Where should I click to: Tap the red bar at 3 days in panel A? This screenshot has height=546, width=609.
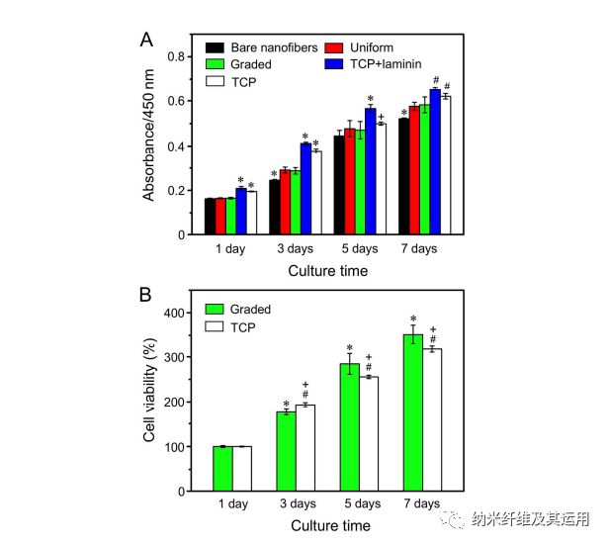tap(285, 202)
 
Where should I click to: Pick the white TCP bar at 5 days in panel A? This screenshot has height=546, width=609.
tap(381, 179)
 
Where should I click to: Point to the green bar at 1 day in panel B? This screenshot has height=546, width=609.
tap(223, 469)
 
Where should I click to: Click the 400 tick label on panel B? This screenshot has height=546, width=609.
tap(174, 314)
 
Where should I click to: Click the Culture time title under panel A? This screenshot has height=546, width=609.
tap(328, 270)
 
